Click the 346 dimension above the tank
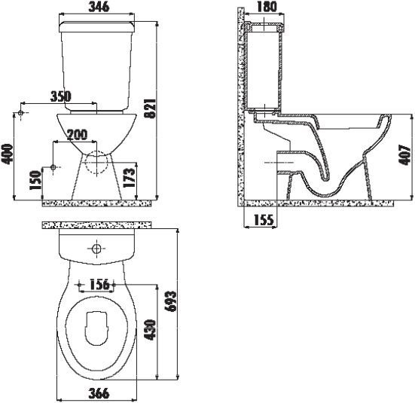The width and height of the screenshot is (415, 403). coord(96,8)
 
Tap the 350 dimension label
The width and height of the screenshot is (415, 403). coord(60,96)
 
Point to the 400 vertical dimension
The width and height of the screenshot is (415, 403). coord(8,155)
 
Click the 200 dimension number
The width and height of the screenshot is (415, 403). coord(77,135)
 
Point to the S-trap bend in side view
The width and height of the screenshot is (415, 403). coord(325,185)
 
